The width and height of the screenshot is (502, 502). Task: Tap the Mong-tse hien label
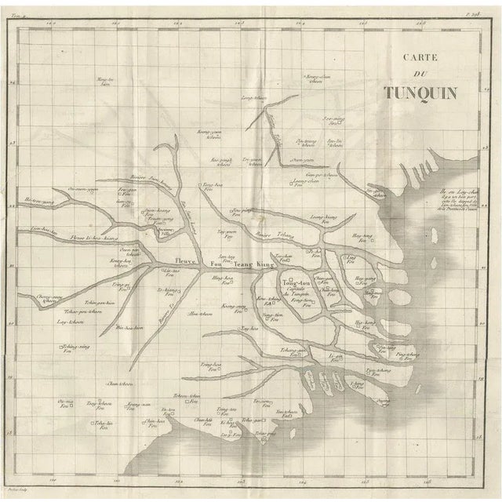tap(105, 81)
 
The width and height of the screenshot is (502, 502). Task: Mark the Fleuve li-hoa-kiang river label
tap(92, 236)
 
